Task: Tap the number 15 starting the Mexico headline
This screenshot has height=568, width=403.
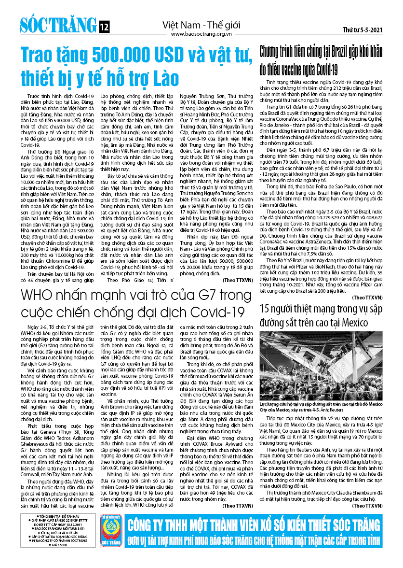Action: point(266,308)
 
